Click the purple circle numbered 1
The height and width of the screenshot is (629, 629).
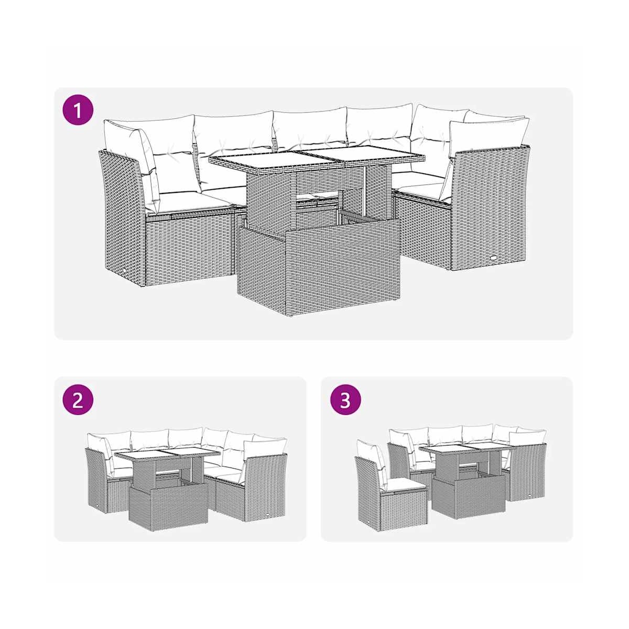[78, 110]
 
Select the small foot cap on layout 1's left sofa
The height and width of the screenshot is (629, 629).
[126, 270]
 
